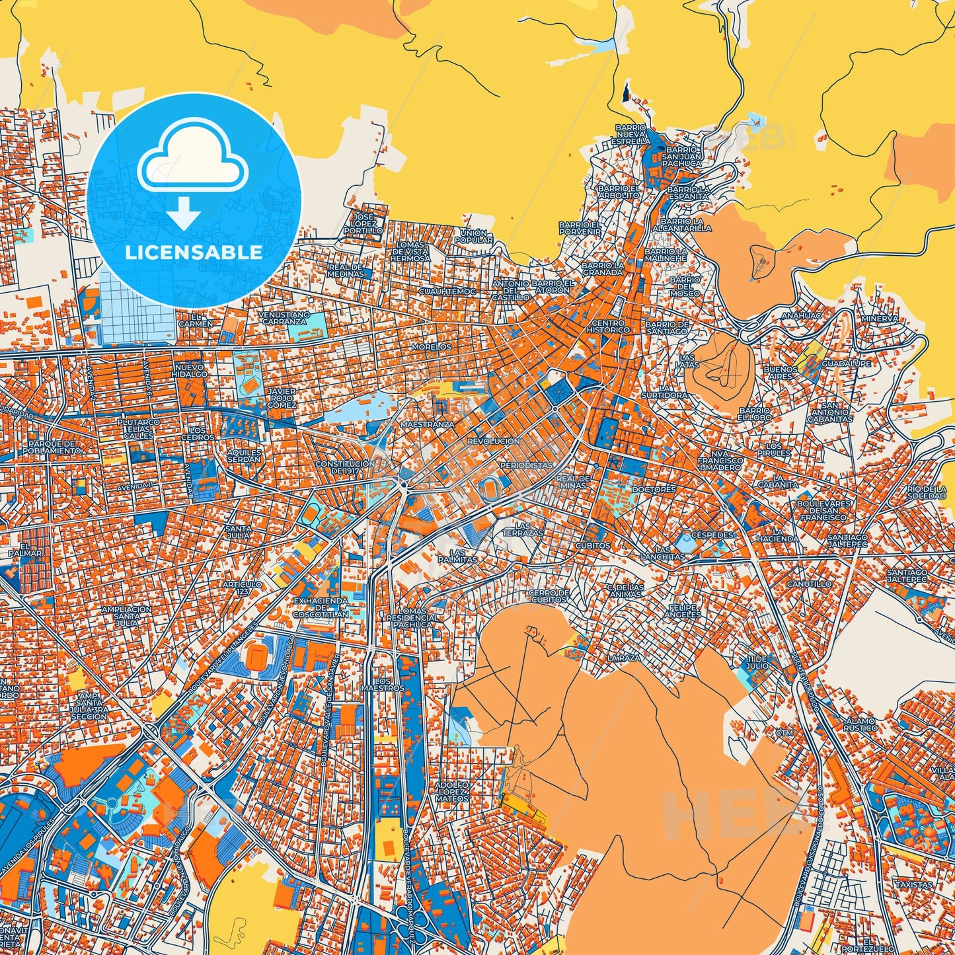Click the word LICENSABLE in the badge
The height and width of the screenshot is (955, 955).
194,252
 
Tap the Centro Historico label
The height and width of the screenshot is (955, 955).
608,326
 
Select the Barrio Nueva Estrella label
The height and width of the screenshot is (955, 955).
630,134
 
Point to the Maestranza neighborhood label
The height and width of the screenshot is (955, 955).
428,424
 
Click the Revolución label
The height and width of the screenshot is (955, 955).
493,441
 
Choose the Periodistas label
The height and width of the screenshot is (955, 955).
526,465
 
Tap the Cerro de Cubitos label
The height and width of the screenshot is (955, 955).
549,596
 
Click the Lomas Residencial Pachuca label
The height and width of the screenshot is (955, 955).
412,617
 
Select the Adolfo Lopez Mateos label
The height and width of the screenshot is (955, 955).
452,792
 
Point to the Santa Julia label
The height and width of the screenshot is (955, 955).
238,532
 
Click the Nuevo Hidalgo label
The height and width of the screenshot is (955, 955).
190,370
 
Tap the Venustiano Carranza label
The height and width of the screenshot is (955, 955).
284,318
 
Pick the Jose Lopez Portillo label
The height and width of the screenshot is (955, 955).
363,223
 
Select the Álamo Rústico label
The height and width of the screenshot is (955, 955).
860,724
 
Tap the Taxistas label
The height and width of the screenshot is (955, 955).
913,884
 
